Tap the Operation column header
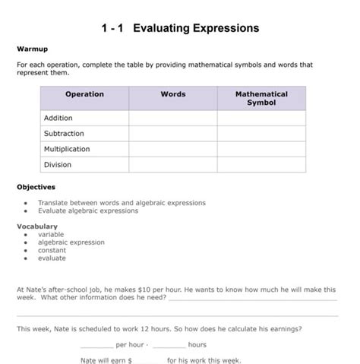(84, 94)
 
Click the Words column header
(173, 94)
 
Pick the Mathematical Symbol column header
(261, 98)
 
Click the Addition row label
(58, 118)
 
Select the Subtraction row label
(64, 134)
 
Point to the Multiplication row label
(67, 149)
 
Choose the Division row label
(58, 164)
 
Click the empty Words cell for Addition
(173, 118)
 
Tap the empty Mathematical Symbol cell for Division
(261, 164)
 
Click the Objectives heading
(36, 187)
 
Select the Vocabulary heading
(37, 226)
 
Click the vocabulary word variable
(52, 235)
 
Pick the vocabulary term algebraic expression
(71, 242)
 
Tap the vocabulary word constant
(52, 250)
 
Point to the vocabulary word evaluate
(52, 258)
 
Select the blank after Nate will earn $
(148, 361)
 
